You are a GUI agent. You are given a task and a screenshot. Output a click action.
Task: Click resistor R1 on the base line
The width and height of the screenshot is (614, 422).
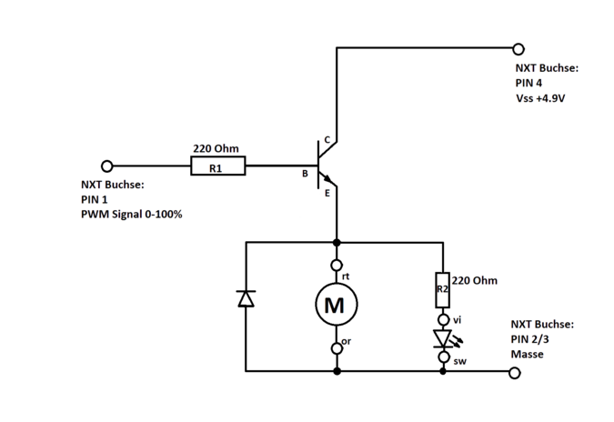216,166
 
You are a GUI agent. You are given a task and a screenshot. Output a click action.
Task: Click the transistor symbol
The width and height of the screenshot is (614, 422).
324,166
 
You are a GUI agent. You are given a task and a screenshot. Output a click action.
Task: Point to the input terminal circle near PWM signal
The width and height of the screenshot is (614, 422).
107,166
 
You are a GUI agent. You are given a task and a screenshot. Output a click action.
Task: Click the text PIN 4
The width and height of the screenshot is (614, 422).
529,83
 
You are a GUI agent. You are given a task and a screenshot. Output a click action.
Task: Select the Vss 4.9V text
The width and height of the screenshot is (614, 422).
540,98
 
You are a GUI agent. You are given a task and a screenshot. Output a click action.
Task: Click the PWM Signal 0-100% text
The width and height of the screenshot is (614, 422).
132,215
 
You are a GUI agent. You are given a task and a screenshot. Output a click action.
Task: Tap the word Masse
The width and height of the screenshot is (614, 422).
528,354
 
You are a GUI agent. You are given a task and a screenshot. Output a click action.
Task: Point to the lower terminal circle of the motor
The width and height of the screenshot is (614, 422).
337,347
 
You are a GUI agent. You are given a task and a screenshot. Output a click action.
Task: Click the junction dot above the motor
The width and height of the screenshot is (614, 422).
337,241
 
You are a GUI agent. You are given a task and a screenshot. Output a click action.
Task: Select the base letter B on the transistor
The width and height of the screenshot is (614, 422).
307,171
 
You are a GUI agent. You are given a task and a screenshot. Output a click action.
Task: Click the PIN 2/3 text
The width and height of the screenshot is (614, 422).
530,338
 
